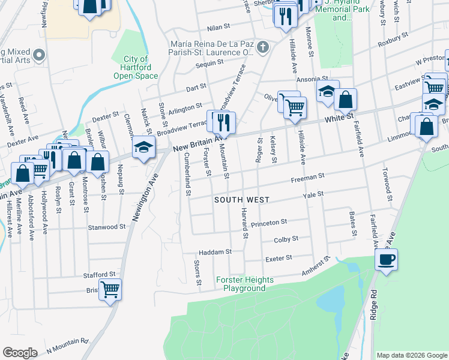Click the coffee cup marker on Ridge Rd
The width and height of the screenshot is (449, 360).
tap(387, 260)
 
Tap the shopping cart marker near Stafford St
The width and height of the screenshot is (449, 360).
tap(110, 290)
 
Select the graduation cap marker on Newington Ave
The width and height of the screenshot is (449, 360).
tap(143, 148)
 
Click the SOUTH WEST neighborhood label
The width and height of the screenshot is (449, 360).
tap(242, 199)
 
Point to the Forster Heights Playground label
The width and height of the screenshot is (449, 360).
tap(244, 284)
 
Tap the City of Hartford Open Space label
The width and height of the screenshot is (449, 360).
tap(136, 67)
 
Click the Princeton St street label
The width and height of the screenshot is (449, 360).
tap(269, 223)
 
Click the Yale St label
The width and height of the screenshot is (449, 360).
tap(313, 194)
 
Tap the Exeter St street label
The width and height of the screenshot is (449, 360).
tap(279, 258)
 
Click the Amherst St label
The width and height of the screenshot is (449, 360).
tap(316, 266)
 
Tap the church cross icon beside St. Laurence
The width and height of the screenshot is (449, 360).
tap(262, 47)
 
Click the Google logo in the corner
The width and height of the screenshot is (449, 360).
tap(20, 353)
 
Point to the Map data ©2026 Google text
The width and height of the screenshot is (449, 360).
tap(411, 355)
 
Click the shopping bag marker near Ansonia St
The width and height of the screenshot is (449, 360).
tap(346, 100)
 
